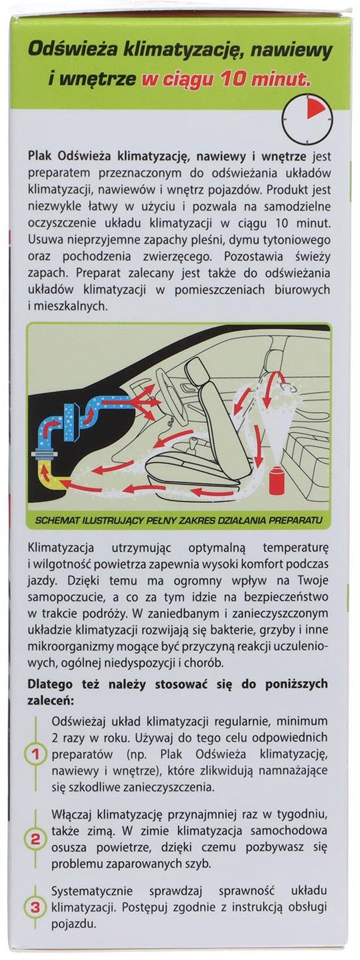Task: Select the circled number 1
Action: point(35,755)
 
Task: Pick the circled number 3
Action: point(35,908)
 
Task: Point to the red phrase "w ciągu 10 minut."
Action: point(226,80)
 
